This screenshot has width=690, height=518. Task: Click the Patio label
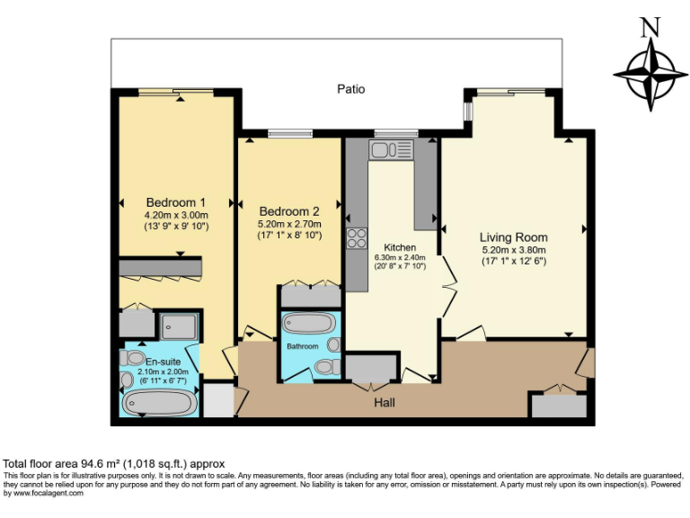point(350,89)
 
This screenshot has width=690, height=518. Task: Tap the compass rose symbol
point(644,74)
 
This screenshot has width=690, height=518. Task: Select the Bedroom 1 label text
point(176,202)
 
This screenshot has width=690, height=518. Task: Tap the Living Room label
point(513,237)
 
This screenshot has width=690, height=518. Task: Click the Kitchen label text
point(400,247)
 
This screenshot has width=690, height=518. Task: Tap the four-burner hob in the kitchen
point(357,238)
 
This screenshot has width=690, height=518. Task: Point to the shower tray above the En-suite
point(178,325)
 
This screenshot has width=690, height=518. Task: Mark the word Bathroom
point(303,345)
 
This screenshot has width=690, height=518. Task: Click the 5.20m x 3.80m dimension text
point(513,250)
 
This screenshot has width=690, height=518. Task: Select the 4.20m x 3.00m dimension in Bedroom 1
point(176,215)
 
